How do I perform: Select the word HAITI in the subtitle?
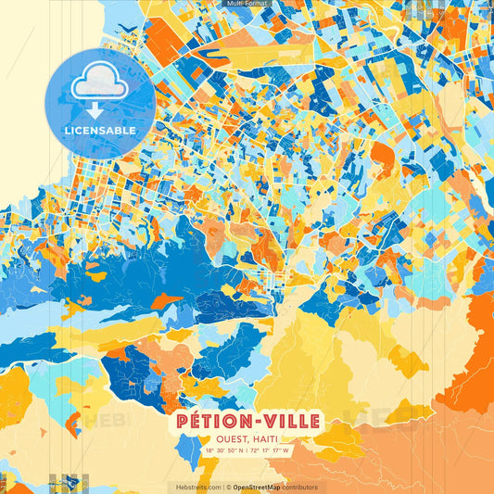[265, 440]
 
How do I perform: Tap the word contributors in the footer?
[300, 487]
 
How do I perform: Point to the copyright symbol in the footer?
[228, 487]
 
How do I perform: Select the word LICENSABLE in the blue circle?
[99, 131]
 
